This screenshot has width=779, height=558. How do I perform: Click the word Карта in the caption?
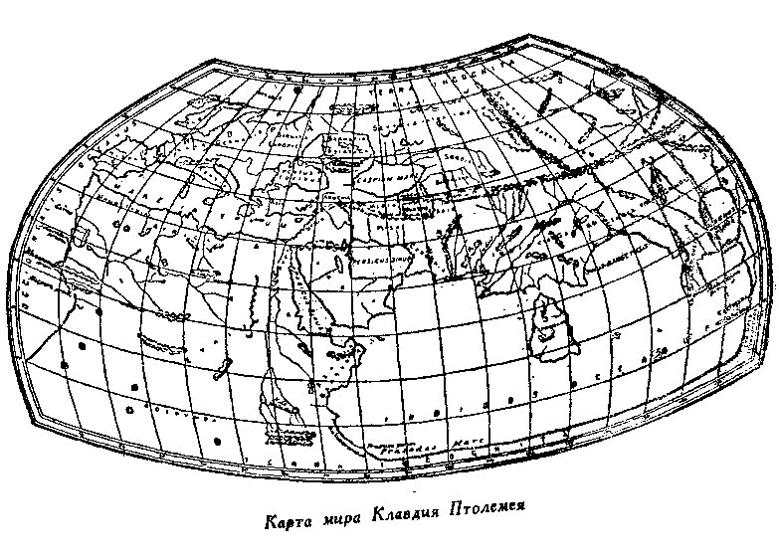point(289,520)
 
